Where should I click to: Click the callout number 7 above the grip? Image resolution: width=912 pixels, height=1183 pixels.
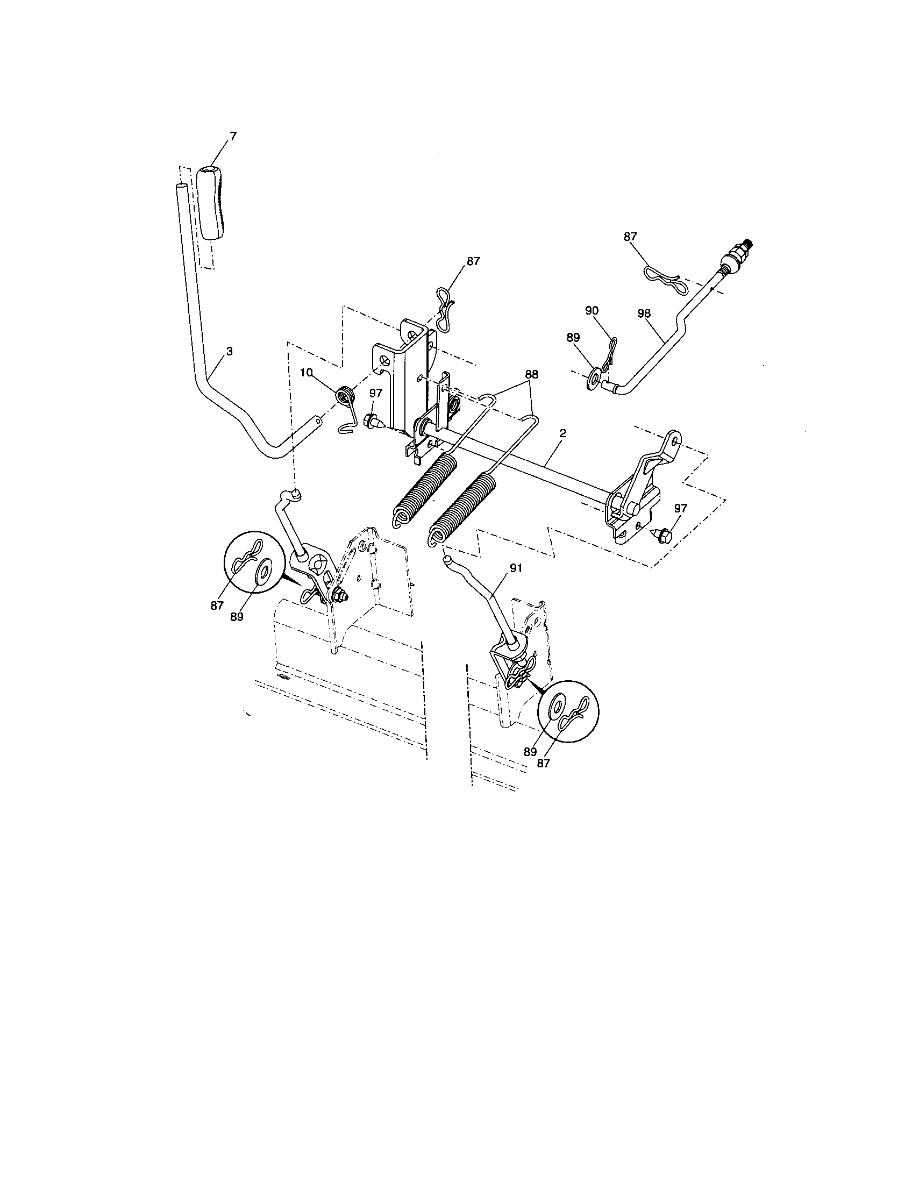(233, 137)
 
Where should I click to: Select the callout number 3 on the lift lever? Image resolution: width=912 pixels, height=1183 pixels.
(230, 352)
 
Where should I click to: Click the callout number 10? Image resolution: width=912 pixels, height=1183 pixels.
(306, 373)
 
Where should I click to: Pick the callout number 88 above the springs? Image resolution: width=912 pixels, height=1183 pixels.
(531, 374)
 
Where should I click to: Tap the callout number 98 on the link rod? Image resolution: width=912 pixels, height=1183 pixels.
(644, 313)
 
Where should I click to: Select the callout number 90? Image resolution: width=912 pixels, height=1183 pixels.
(592, 310)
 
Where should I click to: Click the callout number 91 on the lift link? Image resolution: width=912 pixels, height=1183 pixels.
(516, 568)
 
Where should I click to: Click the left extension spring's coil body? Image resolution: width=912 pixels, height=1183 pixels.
(423, 488)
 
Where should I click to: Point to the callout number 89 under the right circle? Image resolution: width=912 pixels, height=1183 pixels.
(530, 752)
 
